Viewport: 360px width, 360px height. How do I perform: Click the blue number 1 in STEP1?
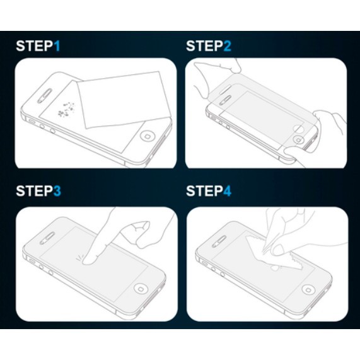(57, 46)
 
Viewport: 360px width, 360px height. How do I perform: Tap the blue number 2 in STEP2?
(227, 46)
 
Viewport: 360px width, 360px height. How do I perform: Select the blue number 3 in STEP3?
(57, 191)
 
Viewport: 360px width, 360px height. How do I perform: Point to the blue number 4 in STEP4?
(227, 191)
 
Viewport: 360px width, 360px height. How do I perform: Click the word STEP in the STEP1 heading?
(35, 46)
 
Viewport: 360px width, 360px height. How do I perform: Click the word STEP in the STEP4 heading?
(204, 191)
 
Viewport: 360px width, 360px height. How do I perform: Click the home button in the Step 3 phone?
(141, 288)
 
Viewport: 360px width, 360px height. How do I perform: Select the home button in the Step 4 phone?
(308, 290)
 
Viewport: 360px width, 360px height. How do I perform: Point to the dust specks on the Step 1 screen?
(67, 109)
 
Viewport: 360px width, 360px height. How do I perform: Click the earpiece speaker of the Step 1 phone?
(45, 95)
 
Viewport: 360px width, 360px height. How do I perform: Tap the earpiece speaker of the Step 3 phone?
(47, 238)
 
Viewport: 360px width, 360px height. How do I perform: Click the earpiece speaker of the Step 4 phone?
(219, 241)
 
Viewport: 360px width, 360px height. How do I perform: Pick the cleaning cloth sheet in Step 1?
(124, 100)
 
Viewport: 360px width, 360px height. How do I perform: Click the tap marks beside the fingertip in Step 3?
(79, 258)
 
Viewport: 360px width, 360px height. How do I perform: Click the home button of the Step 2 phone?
(298, 139)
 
